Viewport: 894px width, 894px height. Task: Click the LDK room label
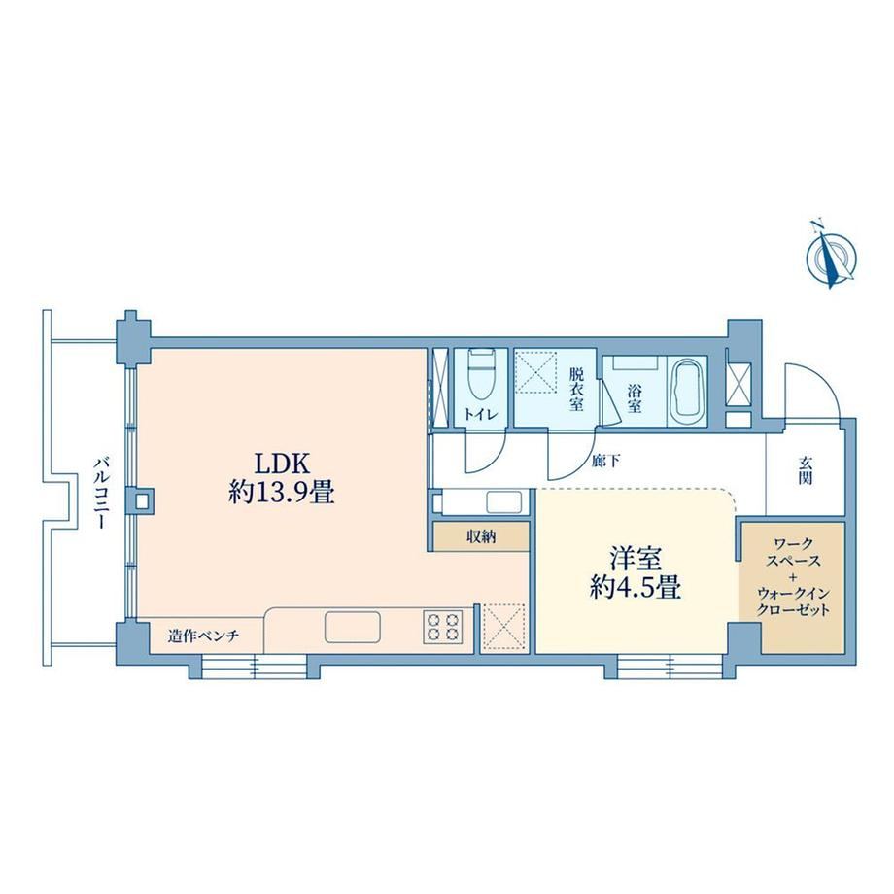point(281,464)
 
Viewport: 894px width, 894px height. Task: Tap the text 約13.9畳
point(281,492)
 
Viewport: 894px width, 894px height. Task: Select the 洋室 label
point(636,560)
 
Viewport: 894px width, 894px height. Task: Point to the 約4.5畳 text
point(636,587)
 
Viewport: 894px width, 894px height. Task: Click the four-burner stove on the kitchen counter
point(442,628)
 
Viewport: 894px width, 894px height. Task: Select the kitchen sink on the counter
point(353,627)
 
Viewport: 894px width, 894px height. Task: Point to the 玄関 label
point(805,470)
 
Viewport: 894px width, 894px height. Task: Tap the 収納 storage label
point(481,536)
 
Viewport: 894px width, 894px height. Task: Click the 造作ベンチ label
point(203,636)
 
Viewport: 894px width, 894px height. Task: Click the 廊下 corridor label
point(605,461)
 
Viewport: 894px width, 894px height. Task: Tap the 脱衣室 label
point(576,390)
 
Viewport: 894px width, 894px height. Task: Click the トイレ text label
point(481,415)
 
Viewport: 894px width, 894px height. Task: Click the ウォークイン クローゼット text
point(793,602)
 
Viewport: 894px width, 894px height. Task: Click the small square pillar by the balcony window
point(143,501)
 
